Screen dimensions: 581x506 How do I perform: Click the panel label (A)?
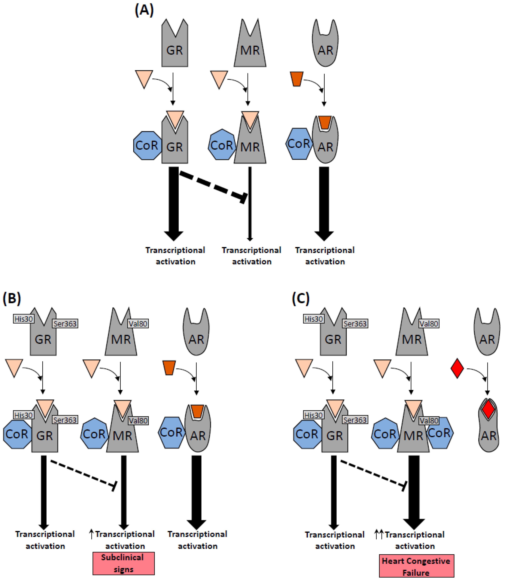(144, 10)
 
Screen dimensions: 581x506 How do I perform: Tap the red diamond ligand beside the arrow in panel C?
(457, 368)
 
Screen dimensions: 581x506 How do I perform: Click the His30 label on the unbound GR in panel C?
(313, 319)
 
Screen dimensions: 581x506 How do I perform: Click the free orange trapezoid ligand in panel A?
(296, 79)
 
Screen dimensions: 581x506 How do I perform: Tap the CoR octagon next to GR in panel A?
(147, 145)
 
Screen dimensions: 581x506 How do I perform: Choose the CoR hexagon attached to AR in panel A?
(299, 144)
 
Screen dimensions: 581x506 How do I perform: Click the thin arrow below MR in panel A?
(250, 203)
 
